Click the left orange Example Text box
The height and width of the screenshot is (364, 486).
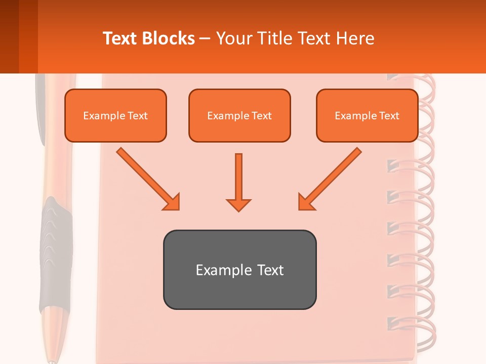point(115,115)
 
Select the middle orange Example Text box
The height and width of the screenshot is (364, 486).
point(239,115)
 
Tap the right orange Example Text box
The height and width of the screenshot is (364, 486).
point(367,115)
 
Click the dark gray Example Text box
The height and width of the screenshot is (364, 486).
point(239,269)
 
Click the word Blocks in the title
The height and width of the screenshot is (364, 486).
point(170,38)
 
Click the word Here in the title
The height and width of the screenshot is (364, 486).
point(356,38)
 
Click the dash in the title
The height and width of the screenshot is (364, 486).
point(205,38)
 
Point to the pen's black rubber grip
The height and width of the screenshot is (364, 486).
point(56,253)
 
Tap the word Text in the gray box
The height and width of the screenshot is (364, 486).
point(271,270)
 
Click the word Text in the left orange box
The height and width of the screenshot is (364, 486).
point(137,116)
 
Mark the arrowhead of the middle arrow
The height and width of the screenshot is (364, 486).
point(238,204)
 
